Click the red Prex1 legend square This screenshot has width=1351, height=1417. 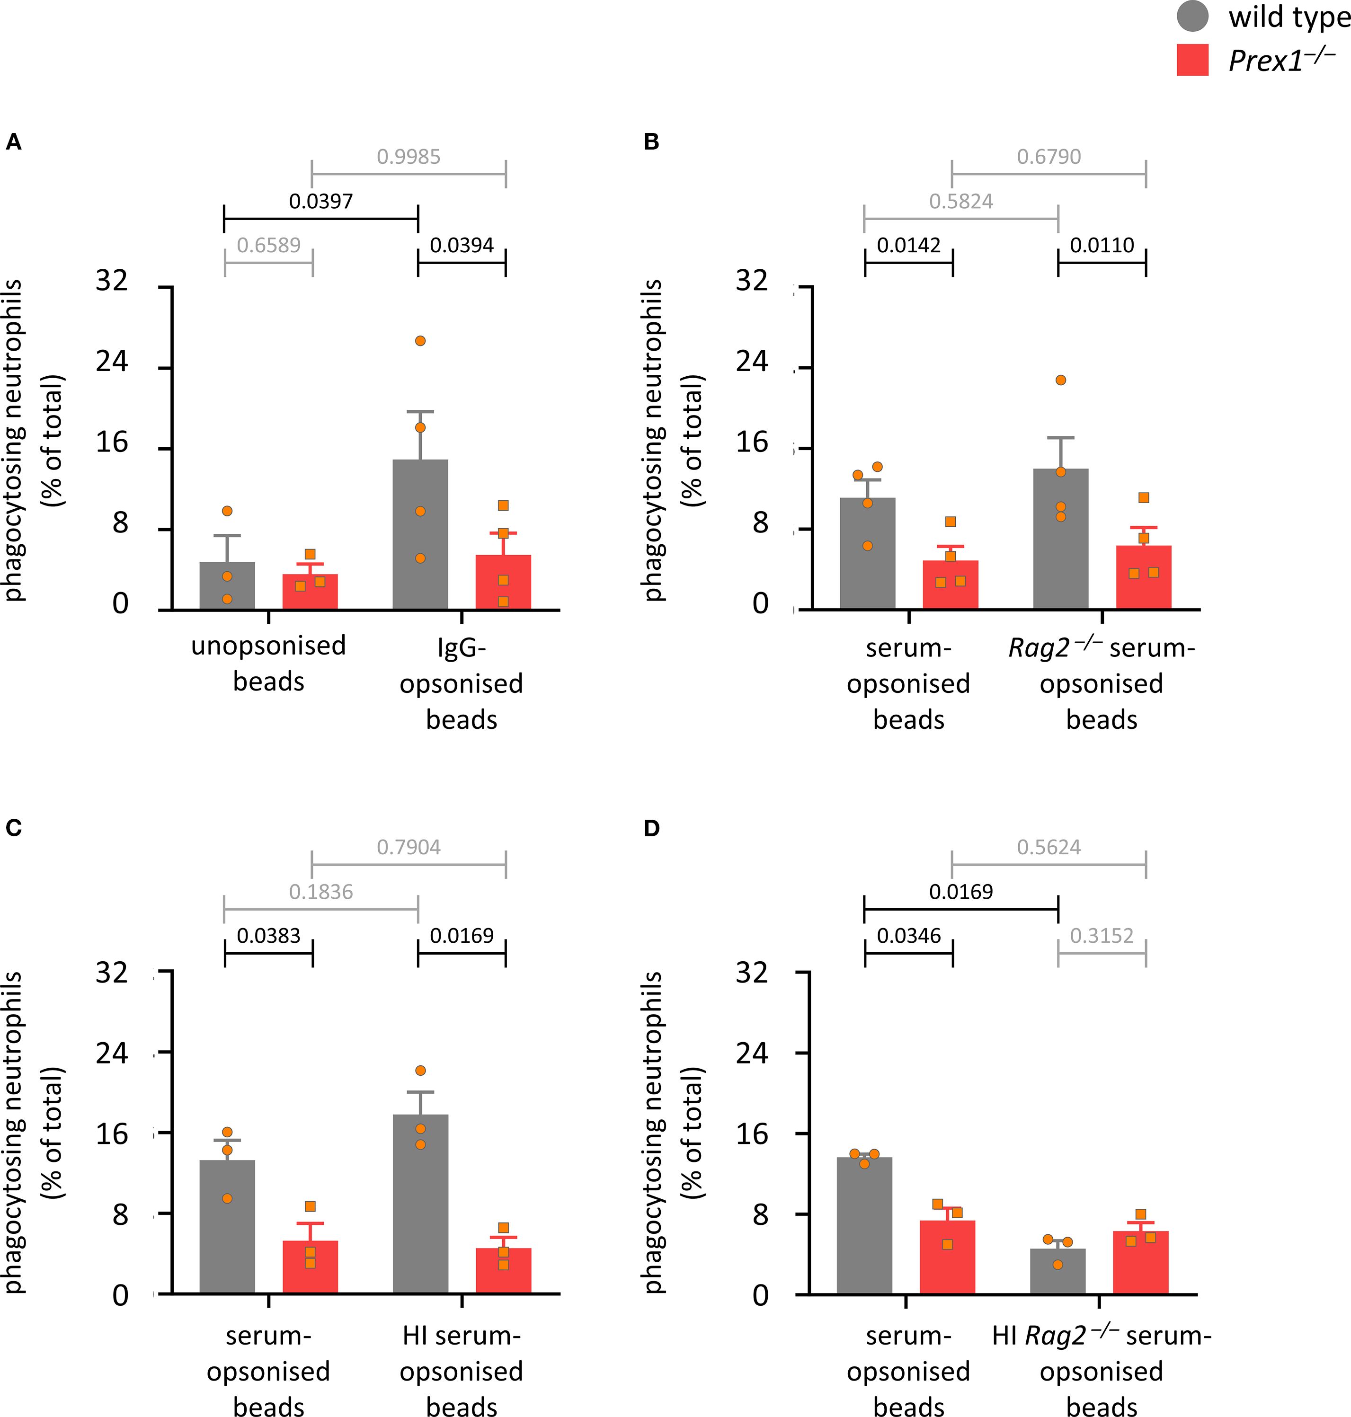[1192, 60]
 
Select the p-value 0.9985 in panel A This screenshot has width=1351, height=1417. [409, 157]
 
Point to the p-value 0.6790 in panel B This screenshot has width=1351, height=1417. [1049, 157]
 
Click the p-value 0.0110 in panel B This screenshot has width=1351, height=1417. [1102, 246]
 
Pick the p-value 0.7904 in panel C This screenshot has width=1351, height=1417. [409, 848]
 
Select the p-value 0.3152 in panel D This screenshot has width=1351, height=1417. [1102, 936]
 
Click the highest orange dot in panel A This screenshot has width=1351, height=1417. [420, 341]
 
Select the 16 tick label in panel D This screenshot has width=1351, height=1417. [752, 1134]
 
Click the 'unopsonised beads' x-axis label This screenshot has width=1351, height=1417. [268, 663]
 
